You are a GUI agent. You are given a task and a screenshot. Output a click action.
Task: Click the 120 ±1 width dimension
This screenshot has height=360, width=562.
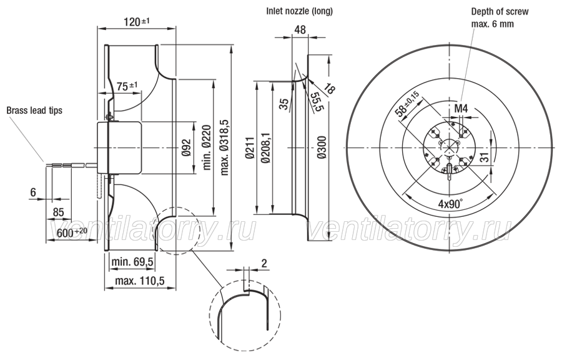tap(137, 22)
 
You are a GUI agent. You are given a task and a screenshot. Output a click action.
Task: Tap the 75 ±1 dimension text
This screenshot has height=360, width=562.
tap(127, 86)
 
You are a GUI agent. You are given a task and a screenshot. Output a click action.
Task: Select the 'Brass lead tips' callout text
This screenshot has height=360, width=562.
tap(34, 111)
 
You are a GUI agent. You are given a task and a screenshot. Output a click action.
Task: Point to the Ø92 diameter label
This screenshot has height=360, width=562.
tap(186, 147)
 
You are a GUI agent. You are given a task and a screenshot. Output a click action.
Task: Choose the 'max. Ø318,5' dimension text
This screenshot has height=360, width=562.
tap(224, 147)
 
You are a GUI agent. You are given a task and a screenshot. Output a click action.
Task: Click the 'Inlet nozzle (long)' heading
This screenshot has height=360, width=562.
tap(299, 11)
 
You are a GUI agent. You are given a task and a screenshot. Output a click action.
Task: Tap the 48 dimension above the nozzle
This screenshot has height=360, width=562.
tap(300, 29)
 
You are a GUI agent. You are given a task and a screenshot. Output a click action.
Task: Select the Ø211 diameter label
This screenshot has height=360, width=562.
tap(250, 147)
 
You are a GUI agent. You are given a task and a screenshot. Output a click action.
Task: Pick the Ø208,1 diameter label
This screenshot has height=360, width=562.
tap(266, 147)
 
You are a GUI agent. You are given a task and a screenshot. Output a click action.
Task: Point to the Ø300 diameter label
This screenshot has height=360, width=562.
tap(322, 147)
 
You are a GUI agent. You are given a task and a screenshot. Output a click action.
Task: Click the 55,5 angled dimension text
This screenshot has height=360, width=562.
tap(315, 102)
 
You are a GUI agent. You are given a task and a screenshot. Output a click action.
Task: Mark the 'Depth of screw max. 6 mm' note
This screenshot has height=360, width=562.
tap(500, 18)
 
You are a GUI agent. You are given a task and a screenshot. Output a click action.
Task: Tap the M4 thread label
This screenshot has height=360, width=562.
tap(461, 109)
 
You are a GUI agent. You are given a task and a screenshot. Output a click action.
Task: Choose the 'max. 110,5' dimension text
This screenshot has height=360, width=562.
tap(140, 281)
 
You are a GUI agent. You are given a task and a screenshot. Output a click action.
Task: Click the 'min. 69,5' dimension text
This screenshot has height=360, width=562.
tap(132, 262)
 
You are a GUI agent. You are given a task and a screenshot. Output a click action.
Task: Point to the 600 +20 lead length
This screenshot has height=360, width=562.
tap(72, 232)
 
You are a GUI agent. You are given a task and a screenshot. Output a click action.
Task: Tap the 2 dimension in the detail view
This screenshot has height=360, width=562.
tap(264, 264)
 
